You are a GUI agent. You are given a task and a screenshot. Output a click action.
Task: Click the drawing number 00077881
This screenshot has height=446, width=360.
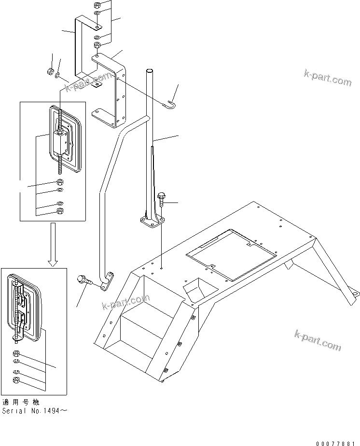(333, 443)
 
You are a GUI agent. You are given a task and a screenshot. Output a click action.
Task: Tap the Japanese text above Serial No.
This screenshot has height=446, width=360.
(20, 403)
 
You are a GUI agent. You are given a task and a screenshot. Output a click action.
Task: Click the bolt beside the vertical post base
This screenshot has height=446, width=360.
(162, 198)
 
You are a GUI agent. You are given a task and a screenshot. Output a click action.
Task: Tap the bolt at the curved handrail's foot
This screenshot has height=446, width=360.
(83, 280)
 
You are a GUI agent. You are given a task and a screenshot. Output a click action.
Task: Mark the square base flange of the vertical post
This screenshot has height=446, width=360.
(150, 224)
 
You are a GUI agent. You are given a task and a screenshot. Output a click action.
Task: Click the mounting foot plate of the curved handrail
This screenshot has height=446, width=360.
(107, 281)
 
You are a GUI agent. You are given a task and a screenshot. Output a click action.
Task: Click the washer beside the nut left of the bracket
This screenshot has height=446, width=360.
(58, 75)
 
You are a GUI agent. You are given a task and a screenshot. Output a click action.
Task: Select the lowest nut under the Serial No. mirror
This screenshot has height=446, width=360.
(16, 380)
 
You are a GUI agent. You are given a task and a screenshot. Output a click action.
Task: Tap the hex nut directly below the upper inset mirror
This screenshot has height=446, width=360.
(60, 182)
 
